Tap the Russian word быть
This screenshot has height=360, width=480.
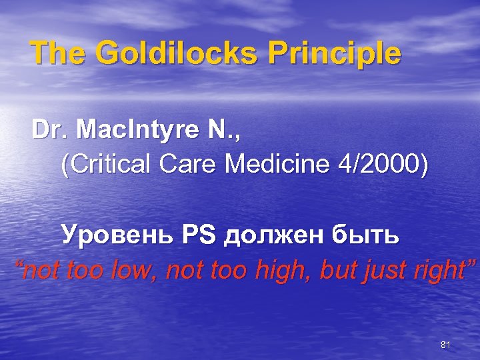[366, 235]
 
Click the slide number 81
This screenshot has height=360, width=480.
[446, 344]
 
